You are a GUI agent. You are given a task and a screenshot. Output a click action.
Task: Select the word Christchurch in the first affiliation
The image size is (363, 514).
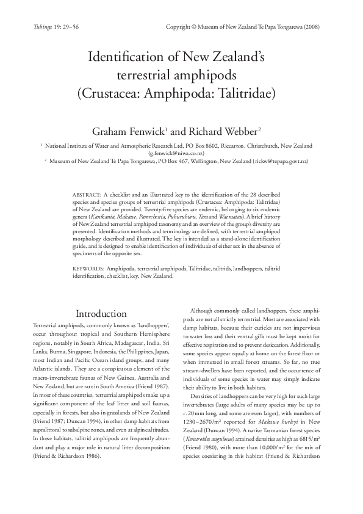click(258, 146)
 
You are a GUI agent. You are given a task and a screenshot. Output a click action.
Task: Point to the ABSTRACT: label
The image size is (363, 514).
click(86, 193)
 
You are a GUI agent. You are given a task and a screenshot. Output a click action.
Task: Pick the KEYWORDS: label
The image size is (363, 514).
click(88, 269)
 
